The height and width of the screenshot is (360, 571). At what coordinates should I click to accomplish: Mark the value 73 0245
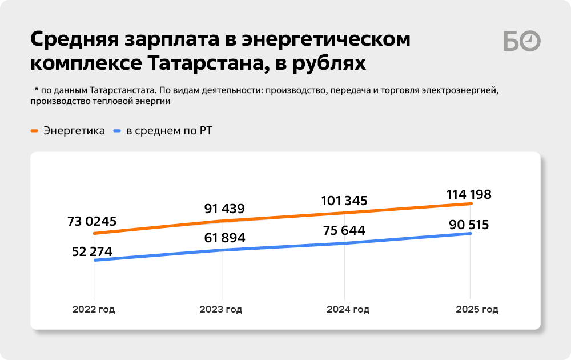[x=91, y=221]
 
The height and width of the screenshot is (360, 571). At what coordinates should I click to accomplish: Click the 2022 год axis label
[x=94, y=310]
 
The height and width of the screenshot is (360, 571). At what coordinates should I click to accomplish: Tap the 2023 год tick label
[x=221, y=310]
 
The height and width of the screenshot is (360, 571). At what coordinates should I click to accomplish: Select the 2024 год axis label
[x=348, y=310]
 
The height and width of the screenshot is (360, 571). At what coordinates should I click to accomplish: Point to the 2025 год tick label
[x=477, y=310]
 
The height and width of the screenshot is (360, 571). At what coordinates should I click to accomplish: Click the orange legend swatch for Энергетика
[x=34, y=131]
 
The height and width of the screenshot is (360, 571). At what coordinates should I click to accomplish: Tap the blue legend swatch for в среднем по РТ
[x=117, y=131]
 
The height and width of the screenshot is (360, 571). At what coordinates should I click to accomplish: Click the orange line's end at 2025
[x=470, y=203]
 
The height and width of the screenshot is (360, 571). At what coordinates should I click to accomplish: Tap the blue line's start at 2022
[x=94, y=261]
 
